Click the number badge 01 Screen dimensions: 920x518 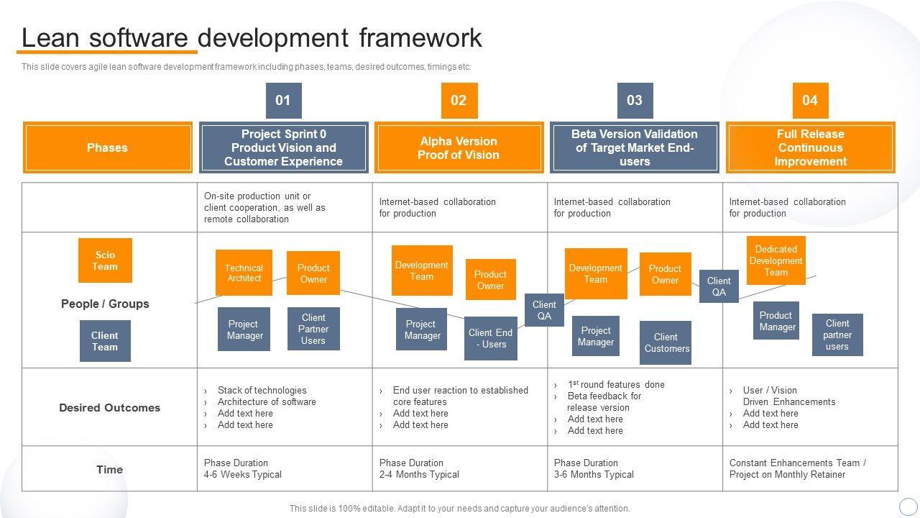283,100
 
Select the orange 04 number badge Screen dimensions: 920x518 810,100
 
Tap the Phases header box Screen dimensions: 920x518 107,147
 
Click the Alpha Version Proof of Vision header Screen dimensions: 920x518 459,147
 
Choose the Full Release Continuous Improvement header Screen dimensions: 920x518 810,147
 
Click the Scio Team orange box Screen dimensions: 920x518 105,260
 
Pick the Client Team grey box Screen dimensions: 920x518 105,341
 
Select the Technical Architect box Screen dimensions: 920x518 244,273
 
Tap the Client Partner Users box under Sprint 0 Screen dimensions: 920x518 313,329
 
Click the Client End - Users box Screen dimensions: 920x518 490,338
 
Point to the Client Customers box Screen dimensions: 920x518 666,342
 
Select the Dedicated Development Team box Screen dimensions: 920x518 776,260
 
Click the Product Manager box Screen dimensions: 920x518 776,321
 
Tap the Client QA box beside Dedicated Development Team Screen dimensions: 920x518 719,286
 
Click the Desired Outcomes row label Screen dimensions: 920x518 109,407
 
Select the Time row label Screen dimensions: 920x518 109,469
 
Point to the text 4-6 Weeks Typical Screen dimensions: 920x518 243,475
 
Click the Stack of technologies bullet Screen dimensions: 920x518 262,390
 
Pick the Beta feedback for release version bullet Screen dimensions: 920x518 604,401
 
